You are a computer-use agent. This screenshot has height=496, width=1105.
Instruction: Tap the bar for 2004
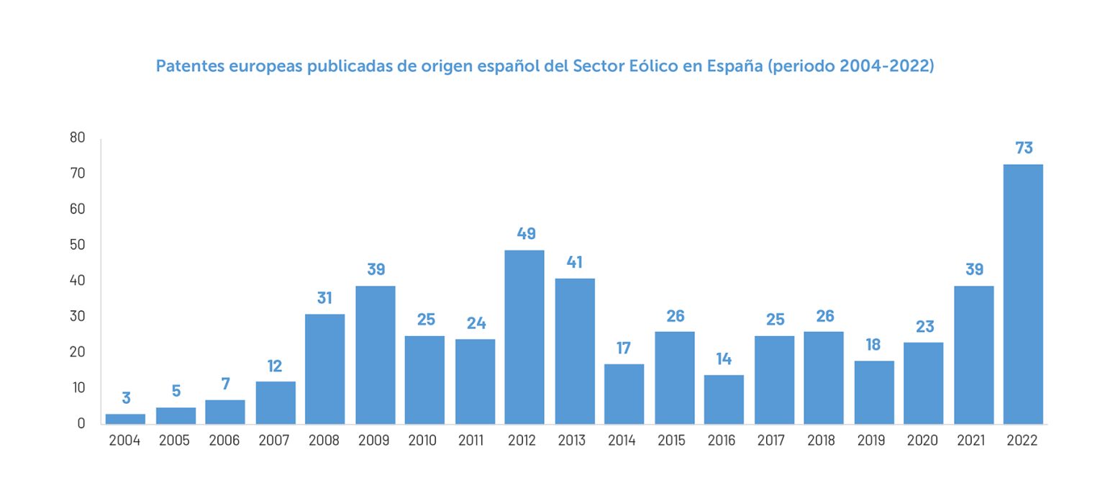click(126, 419)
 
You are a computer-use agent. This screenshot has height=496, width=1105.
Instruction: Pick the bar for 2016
click(724, 399)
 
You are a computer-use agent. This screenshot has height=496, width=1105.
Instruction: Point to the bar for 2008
click(324, 369)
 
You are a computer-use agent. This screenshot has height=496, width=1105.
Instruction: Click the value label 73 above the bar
click(1023, 148)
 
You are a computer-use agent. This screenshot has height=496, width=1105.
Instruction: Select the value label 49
click(526, 234)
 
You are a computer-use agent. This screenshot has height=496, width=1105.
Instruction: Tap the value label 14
click(724, 359)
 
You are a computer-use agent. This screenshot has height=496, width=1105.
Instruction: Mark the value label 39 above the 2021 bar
click(973, 270)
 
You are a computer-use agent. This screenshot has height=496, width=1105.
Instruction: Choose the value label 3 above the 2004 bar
click(126, 398)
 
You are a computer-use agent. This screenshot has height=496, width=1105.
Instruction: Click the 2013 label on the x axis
click(573, 441)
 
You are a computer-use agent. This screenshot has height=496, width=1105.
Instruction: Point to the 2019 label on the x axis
click(872, 441)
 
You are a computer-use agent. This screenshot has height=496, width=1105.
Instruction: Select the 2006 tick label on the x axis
click(224, 441)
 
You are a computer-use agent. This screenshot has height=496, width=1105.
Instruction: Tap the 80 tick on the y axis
click(78, 137)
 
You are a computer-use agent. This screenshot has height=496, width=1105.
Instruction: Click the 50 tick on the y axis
click(78, 245)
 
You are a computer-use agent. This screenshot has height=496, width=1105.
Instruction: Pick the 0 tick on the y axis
click(81, 423)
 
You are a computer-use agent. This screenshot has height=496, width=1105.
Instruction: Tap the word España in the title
click(735, 66)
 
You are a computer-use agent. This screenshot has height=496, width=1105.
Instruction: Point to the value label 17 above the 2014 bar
click(623, 348)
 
